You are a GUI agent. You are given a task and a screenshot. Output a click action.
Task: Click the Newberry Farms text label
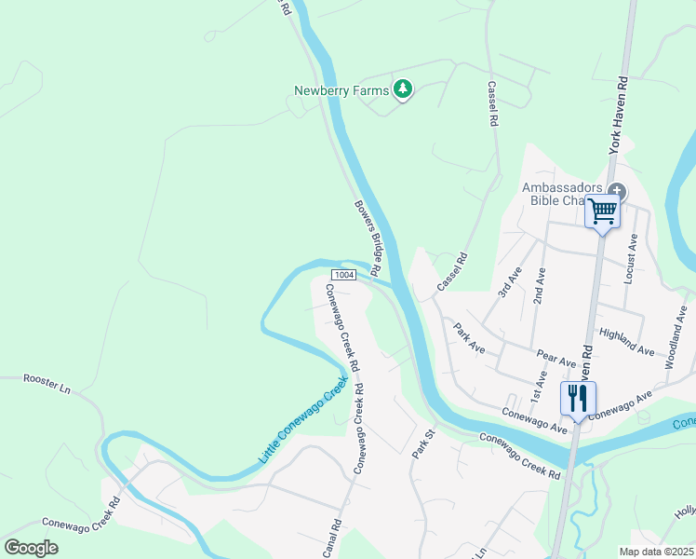click(x=340, y=90)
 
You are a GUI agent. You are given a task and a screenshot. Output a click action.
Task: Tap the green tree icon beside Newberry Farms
click(x=402, y=89)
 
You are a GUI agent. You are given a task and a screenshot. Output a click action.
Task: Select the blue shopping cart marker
click(x=602, y=211)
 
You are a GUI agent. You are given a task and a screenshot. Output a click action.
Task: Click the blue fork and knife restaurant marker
click(x=577, y=399)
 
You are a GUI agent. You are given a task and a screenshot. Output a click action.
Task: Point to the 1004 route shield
click(x=343, y=274)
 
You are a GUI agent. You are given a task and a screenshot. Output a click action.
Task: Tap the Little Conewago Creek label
click(x=301, y=421)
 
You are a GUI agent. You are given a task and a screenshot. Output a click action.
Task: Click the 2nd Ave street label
click(x=539, y=284)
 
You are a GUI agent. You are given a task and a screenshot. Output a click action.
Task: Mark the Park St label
click(x=422, y=443)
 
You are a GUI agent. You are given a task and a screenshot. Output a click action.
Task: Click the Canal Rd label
click(x=331, y=539)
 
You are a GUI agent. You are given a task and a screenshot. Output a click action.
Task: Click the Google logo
click(x=31, y=548)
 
